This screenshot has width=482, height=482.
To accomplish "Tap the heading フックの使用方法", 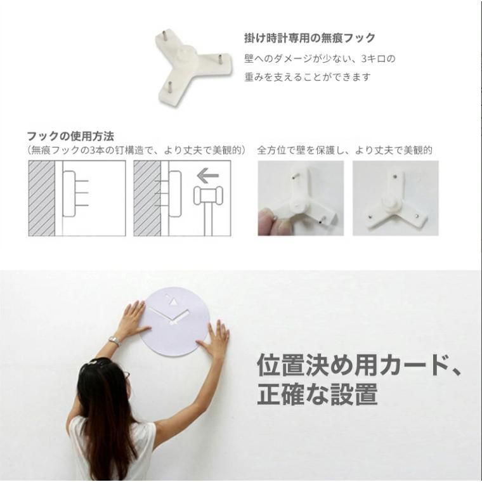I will [x=70, y=136].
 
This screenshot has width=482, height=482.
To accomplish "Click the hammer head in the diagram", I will [x=207, y=195].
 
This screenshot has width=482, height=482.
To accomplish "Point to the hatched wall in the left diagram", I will [x=42, y=198].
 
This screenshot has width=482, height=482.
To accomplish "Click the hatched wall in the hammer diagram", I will [x=147, y=198].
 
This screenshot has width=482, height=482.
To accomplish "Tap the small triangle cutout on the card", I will [x=173, y=304].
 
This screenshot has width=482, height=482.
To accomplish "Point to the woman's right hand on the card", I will [x=214, y=340].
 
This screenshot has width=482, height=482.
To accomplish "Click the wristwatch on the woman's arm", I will [x=115, y=341].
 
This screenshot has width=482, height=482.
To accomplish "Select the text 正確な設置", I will [x=317, y=394].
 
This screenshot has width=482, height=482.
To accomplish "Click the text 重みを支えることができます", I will [x=308, y=77].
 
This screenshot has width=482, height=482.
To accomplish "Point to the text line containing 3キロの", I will [x=320, y=58].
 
